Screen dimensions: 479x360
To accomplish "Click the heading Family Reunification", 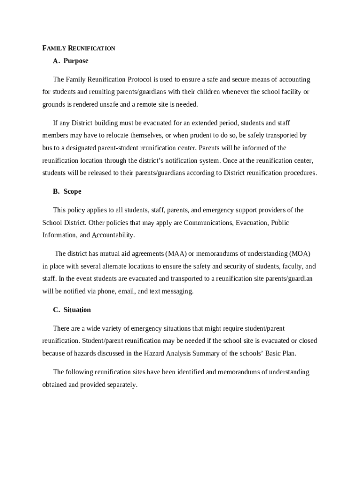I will click(x=79, y=48).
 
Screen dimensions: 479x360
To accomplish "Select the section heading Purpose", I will click(x=76, y=61).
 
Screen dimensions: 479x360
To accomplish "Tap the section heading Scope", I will click(x=72, y=191).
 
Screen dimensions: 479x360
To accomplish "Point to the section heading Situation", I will click(x=77, y=310).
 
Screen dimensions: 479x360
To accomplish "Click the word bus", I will click(x=47, y=148).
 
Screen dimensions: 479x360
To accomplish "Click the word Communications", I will click(x=208, y=223).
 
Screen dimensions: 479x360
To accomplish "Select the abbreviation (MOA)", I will click(x=300, y=254).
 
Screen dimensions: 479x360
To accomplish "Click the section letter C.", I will click(x=56, y=310).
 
